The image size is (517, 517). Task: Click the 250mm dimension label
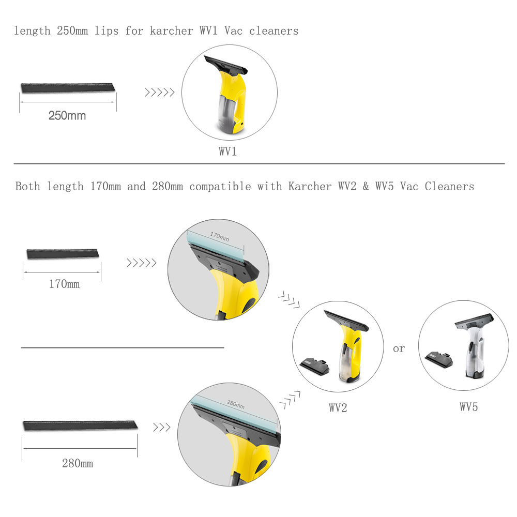67,115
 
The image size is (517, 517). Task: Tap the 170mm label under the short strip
64,284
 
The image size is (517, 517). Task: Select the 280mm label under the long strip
78,463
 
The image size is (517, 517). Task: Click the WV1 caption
228,152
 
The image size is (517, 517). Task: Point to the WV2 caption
338,407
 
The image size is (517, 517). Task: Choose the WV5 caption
468,407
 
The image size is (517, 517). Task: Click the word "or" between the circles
399,349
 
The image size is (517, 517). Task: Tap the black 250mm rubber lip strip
68,87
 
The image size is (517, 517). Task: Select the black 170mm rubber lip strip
62,253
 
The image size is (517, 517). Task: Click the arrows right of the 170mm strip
142,263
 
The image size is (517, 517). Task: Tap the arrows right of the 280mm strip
161,427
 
